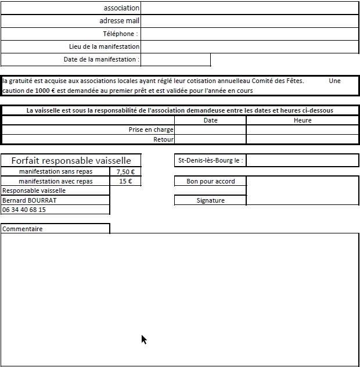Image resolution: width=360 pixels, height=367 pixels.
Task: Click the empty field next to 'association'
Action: click(250, 8)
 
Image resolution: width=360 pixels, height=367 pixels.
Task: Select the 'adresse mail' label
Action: click(120, 21)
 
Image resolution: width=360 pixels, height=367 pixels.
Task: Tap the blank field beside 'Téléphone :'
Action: click(250, 34)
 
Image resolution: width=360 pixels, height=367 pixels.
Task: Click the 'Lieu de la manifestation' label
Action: click(104, 46)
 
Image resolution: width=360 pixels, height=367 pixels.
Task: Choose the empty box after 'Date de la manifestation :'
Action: click(175, 59)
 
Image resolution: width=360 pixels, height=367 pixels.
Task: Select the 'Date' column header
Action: click(210, 120)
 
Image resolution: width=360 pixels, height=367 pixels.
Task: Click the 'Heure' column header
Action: click(303, 120)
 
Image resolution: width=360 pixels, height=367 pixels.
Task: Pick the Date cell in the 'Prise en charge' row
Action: click(210, 130)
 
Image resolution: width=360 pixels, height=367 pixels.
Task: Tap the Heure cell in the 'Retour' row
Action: click(303, 139)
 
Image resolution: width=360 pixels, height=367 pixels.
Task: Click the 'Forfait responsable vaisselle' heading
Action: click(71, 161)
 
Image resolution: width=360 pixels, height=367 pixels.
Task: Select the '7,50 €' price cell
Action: click(125, 172)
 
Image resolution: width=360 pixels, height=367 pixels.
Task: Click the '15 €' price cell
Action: click(125, 181)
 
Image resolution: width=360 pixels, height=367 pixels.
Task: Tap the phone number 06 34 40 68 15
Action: click(24, 210)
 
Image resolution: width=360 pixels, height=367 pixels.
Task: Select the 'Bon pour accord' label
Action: click(210, 181)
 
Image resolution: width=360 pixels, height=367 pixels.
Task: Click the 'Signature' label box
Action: click(210, 200)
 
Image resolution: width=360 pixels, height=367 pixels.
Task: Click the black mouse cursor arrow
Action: click(143, 339)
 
